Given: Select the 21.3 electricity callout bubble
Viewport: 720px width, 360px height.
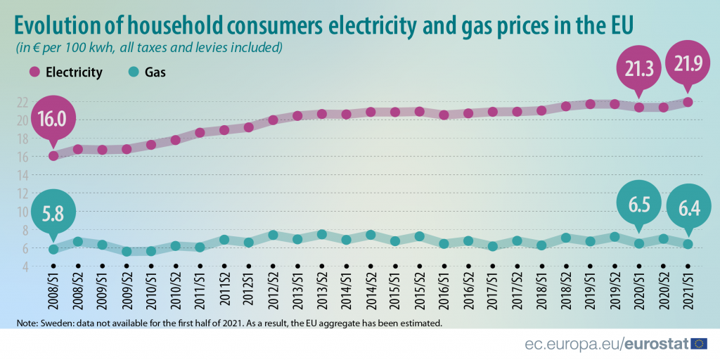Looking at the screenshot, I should (x=638, y=68).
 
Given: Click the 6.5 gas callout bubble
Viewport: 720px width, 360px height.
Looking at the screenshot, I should (x=638, y=205).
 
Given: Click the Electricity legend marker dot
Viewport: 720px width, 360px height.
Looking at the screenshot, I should (x=34, y=72).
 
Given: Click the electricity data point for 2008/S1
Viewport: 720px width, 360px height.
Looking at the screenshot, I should (x=53, y=156).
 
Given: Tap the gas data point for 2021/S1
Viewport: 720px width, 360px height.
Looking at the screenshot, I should (x=688, y=244).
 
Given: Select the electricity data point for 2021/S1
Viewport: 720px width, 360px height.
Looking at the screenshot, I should (x=688, y=102).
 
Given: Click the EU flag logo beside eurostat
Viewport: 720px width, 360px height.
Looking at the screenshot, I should (x=699, y=344).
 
